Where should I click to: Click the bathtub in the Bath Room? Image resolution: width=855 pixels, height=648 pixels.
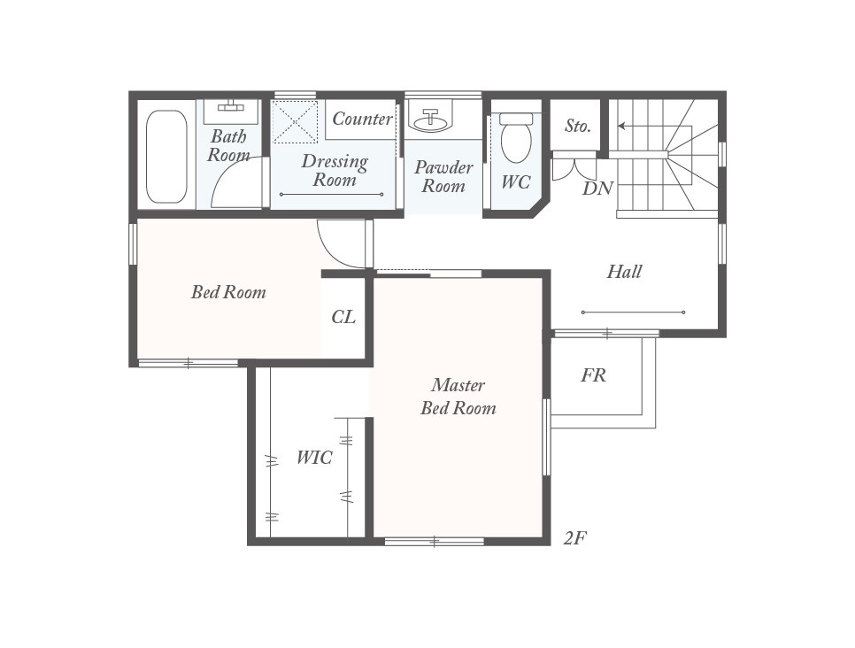coord(166,157)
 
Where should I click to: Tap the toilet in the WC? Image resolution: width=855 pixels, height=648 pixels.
coord(516,140)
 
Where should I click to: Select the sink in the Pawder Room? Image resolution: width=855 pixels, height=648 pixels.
coord(430,120)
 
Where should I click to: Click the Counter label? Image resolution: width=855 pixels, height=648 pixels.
coord(362,119)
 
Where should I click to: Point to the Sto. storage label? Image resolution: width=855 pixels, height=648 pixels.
coord(577,126)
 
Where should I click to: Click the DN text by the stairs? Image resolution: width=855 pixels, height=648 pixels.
coord(597,188)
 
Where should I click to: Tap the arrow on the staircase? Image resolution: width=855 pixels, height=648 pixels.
coord(622,127)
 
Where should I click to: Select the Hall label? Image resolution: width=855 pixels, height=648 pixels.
coord(624,272)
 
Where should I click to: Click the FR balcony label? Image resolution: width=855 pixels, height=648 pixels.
coord(593,375)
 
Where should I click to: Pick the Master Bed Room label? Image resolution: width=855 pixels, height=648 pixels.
coord(458,397)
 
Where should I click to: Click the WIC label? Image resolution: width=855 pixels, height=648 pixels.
coord(313,458)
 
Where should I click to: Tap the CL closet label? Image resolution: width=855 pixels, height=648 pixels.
coord(343,316)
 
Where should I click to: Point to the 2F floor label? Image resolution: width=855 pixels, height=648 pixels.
coord(575,537)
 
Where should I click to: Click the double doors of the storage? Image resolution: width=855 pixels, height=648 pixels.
coord(574,166)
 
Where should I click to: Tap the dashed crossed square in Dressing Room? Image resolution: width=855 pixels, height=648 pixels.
coord(294,122)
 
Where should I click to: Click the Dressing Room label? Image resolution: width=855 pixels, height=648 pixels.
coord(335,170)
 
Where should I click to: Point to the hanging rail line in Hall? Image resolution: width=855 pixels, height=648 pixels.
coord(633,312)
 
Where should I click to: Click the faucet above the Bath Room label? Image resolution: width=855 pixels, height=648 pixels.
coord(232,106)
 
